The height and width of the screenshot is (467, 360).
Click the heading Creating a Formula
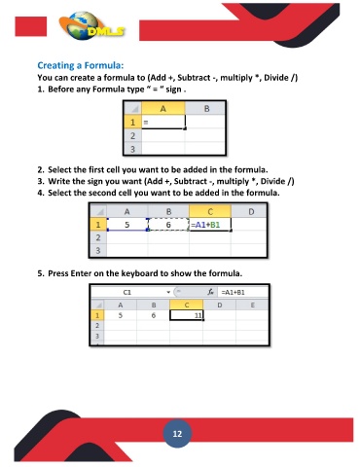pos(81,65)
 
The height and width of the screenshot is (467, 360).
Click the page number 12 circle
pos(177,434)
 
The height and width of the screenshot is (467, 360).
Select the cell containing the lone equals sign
pos(163,123)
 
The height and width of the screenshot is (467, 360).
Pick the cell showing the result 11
pos(187,315)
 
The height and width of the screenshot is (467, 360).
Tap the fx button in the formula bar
pos(211,292)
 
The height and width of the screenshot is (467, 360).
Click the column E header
pos(252,305)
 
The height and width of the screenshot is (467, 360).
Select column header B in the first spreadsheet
pos(205,109)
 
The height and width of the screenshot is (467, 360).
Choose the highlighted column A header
pos(163,109)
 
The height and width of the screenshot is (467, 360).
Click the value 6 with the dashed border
pos(168,225)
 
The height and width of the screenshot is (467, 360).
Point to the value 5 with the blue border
pos(127,225)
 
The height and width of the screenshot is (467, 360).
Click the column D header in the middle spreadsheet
pos(251,212)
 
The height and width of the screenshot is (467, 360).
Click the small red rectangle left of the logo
pos(31,26)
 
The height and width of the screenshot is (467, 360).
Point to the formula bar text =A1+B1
pos(233,292)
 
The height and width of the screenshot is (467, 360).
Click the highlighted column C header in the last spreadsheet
pos(187,305)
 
